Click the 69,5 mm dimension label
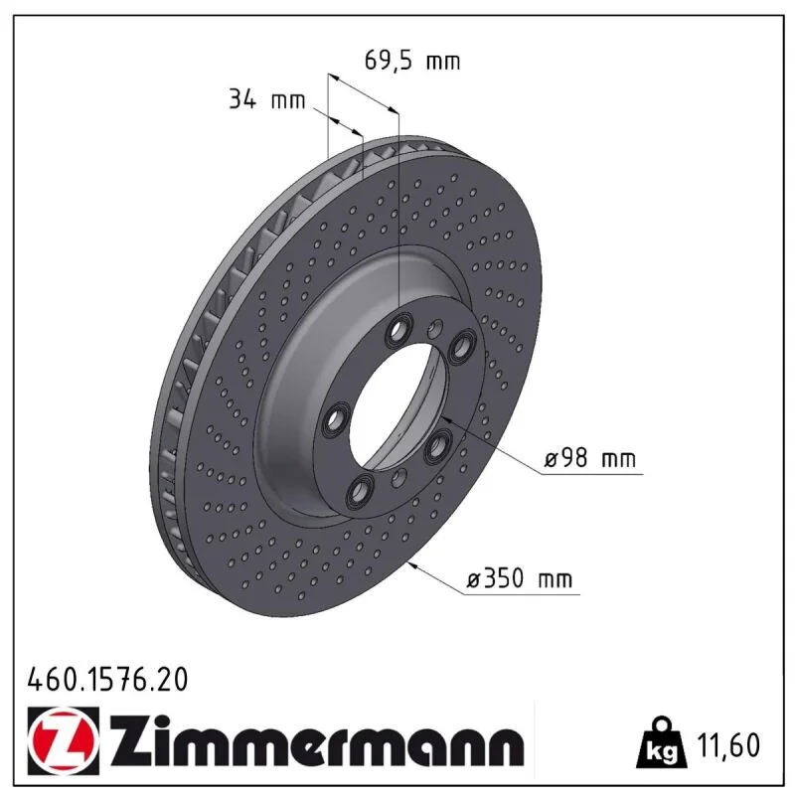point(412,61)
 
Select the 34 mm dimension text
point(267,99)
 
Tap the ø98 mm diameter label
point(589,459)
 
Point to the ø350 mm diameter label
point(519,578)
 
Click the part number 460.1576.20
point(107,680)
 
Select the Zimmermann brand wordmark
point(317,740)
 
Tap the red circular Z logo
point(64,740)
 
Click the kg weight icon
point(663,742)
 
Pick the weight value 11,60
point(728,744)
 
